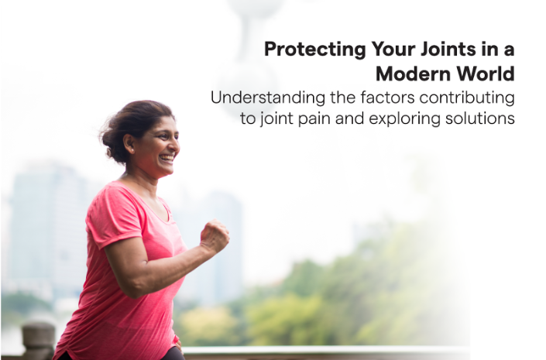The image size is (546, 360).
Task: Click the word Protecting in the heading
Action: (x=315, y=50)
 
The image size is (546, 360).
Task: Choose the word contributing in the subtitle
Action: (x=467, y=98)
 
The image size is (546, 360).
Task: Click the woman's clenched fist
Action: (x=215, y=236)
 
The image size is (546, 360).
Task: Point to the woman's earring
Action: (x=132, y=149)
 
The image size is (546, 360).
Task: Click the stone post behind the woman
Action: (x=38, y=341)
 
